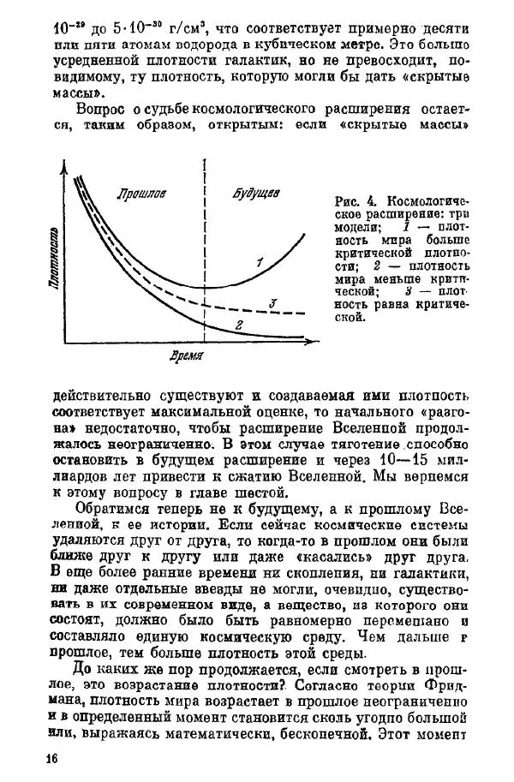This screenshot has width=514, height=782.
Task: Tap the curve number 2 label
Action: click(x=240, y=324)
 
